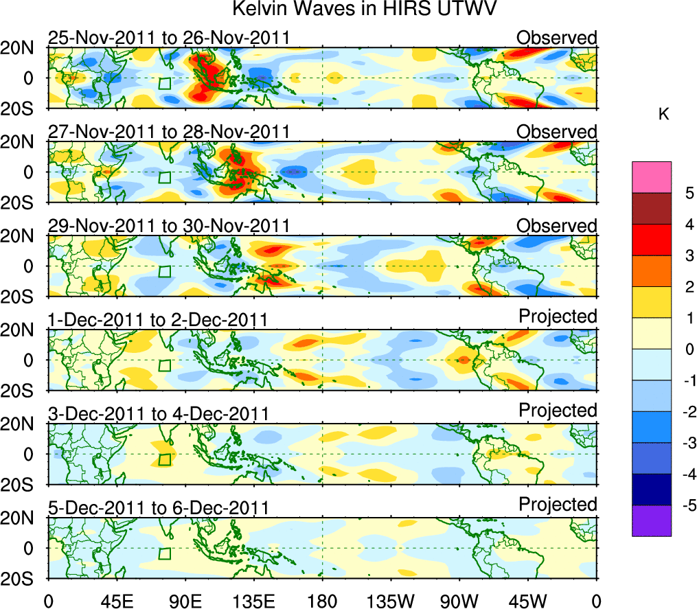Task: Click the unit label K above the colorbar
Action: click(663, 115)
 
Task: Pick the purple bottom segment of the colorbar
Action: click(651, 520)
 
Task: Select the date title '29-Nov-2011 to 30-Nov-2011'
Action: click(169, 226)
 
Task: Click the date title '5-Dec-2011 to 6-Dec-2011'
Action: click(158, 508)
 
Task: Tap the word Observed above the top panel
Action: click(556, 37)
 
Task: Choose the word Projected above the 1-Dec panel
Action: click(558, 317)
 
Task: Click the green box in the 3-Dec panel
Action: click(165, 459)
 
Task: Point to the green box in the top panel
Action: click(165, 83)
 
